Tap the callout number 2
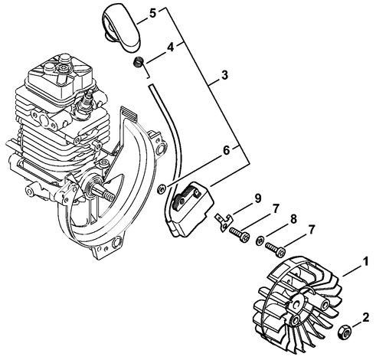point(366,315)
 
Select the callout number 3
point(224,76)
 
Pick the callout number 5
point(173,13)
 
